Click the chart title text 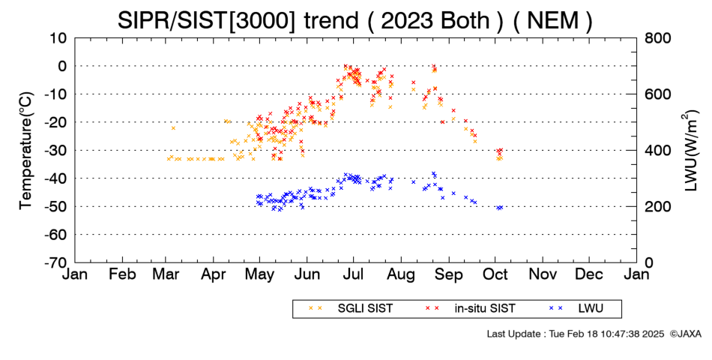pos(355,20)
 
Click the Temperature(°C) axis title pos(27,151)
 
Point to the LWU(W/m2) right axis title pos(690,151)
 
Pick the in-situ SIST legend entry pos(470,309)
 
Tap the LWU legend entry pos(576,309)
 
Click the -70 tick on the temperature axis pos(55,262)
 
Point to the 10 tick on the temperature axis pos(58,37)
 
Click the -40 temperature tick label pos(55,178)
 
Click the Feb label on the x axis pos(122,274)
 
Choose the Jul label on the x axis pos(353,274)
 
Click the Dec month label pos(589,274)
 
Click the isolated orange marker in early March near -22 pos(173,128)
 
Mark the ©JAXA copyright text pos(685,334)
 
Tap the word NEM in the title pos(553,20)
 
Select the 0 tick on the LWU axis pos(649,262)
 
